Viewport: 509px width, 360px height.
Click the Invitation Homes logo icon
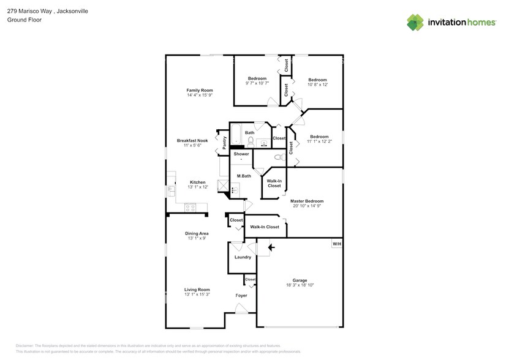pos(415,22)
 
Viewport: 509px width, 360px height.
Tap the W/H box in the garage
pos(336,244)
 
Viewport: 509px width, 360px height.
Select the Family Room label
pos(200,90)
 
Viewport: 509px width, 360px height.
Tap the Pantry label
pos(224,141)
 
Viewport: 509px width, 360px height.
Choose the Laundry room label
pos(243,257)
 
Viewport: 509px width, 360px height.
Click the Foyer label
pos(241,296)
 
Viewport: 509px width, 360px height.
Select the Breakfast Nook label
pos(192,140)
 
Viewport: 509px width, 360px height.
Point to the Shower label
pos(241,154)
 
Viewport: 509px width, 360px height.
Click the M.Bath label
pos(244,176)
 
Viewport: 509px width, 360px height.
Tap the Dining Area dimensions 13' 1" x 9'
pos(197,239)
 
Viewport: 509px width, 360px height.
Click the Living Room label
pos(197,289)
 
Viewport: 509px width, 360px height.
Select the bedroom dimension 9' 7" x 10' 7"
pos(257,84)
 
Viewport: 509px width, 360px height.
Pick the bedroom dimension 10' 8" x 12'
pos(317,85)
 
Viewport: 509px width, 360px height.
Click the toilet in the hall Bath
pos(251,141)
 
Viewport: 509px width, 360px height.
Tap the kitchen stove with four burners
pos(190,208)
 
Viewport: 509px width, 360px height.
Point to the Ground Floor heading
pos(21,20)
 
